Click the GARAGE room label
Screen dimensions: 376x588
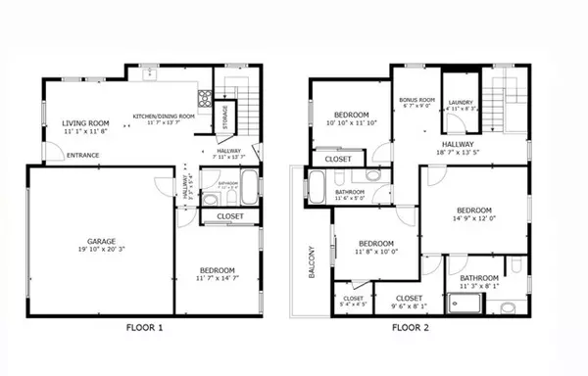[100, 240]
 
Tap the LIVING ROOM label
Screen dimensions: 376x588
[83, 123]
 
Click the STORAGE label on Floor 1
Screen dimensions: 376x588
[224, 116]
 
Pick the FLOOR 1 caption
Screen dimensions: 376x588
[144, 327]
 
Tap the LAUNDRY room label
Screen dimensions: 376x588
[461, 103]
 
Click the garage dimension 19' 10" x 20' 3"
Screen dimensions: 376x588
[100, 249]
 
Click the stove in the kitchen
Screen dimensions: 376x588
[205, 97]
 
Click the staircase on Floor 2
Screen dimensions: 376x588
[509, 98]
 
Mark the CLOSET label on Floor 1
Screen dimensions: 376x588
[230, 215]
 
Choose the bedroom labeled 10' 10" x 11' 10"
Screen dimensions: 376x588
[349, 118]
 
